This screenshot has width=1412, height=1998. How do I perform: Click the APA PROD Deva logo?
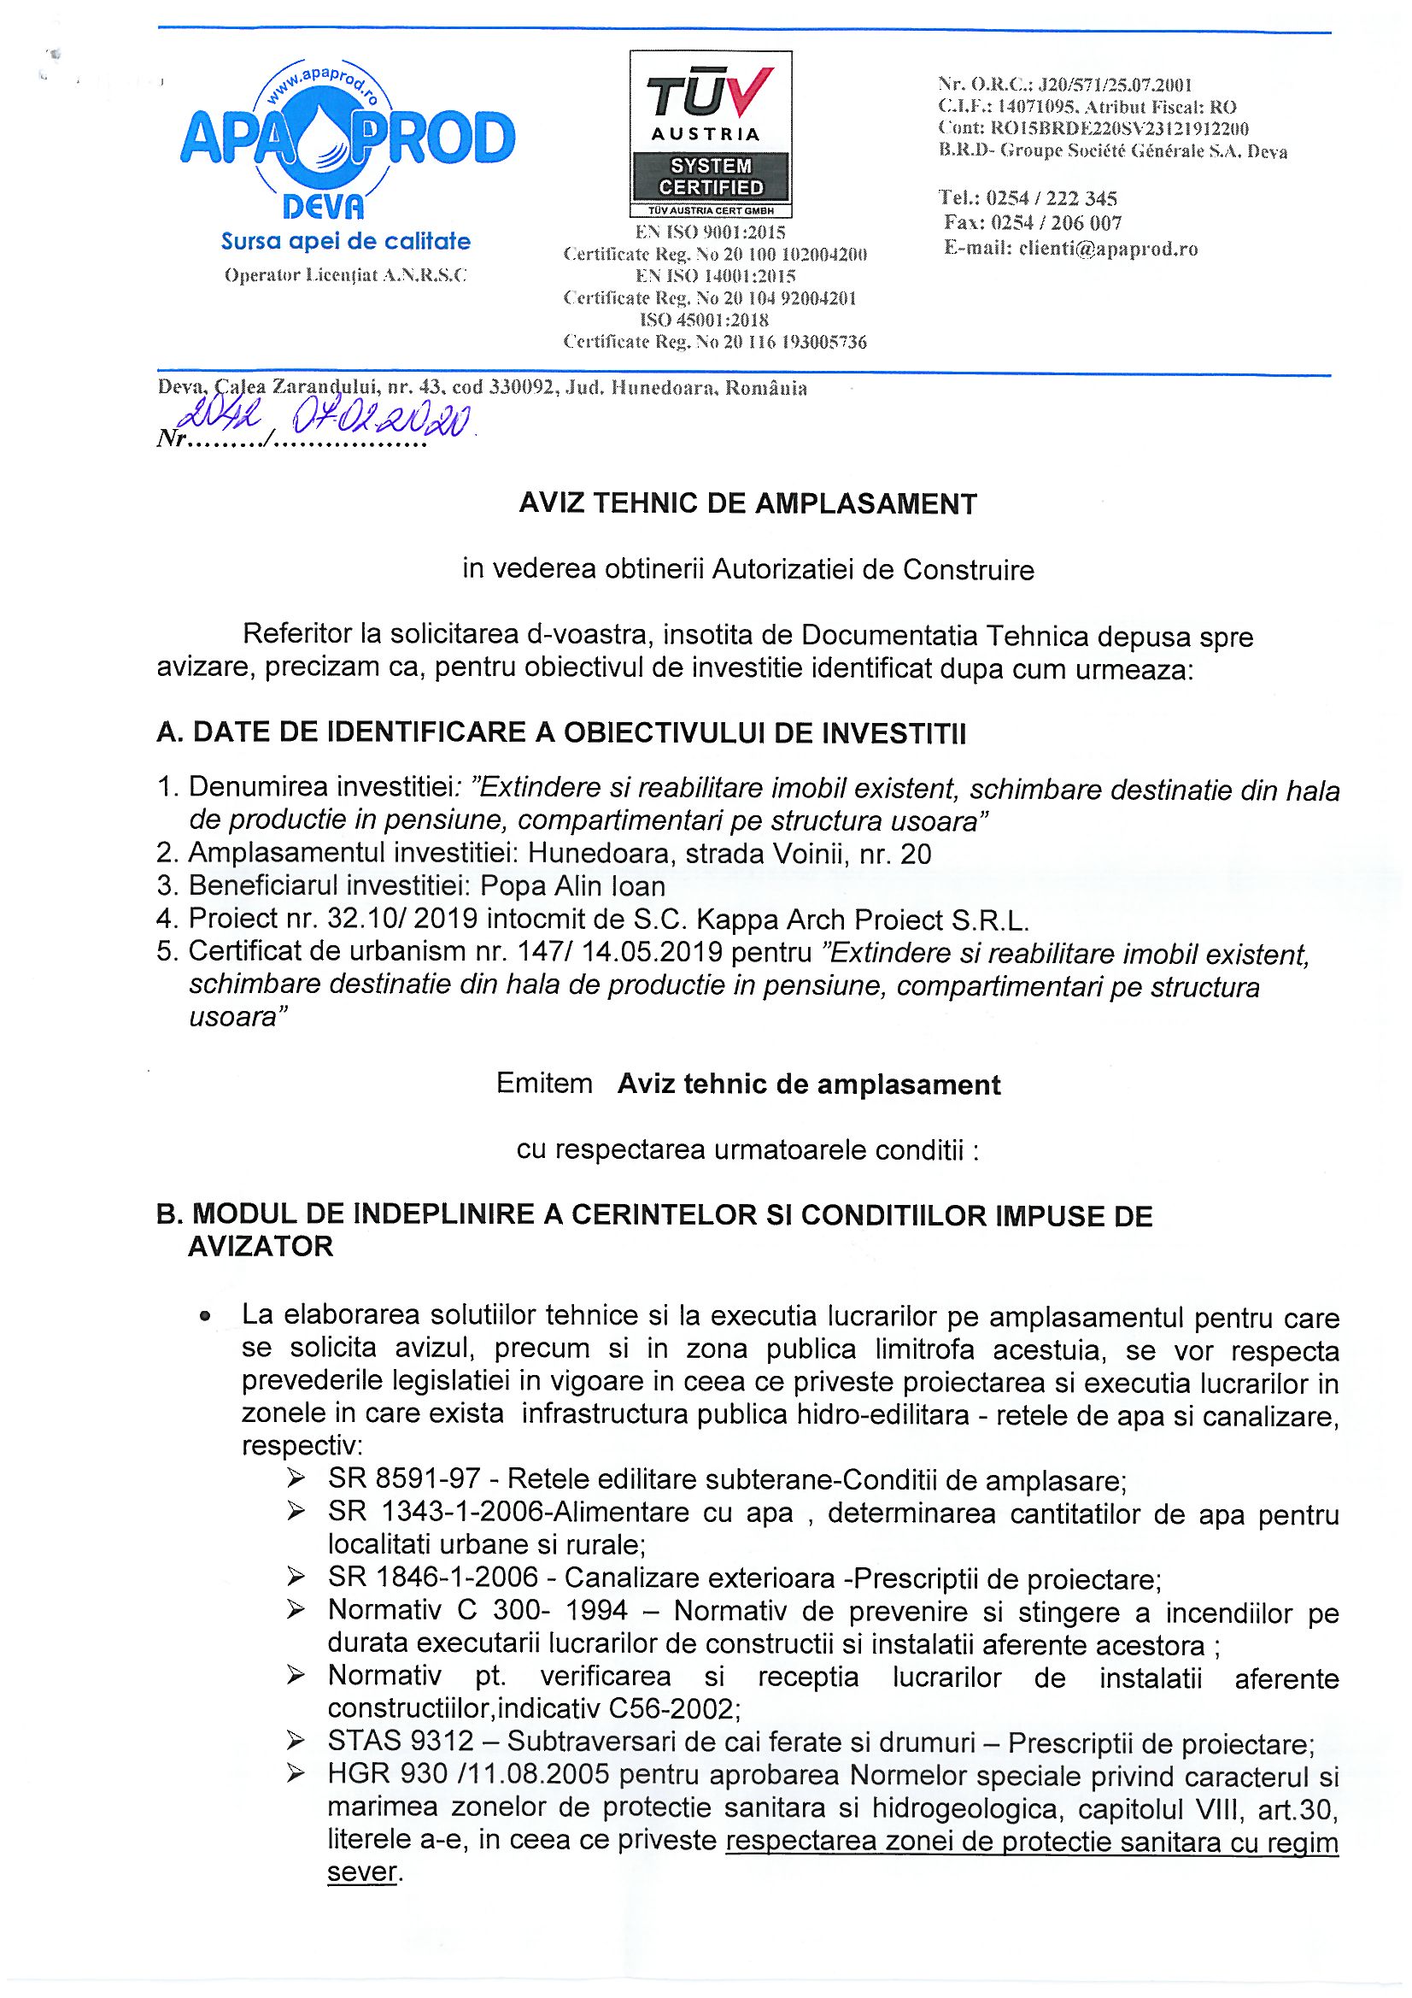coord(346,139)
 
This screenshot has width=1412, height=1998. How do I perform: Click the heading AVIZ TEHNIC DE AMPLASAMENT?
coord(748,504)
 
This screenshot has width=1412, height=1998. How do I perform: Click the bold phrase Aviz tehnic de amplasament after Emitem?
coord(809,1084)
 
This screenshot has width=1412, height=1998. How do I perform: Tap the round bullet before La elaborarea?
coord(204,1319)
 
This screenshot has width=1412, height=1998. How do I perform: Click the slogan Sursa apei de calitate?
coord(345,241)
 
